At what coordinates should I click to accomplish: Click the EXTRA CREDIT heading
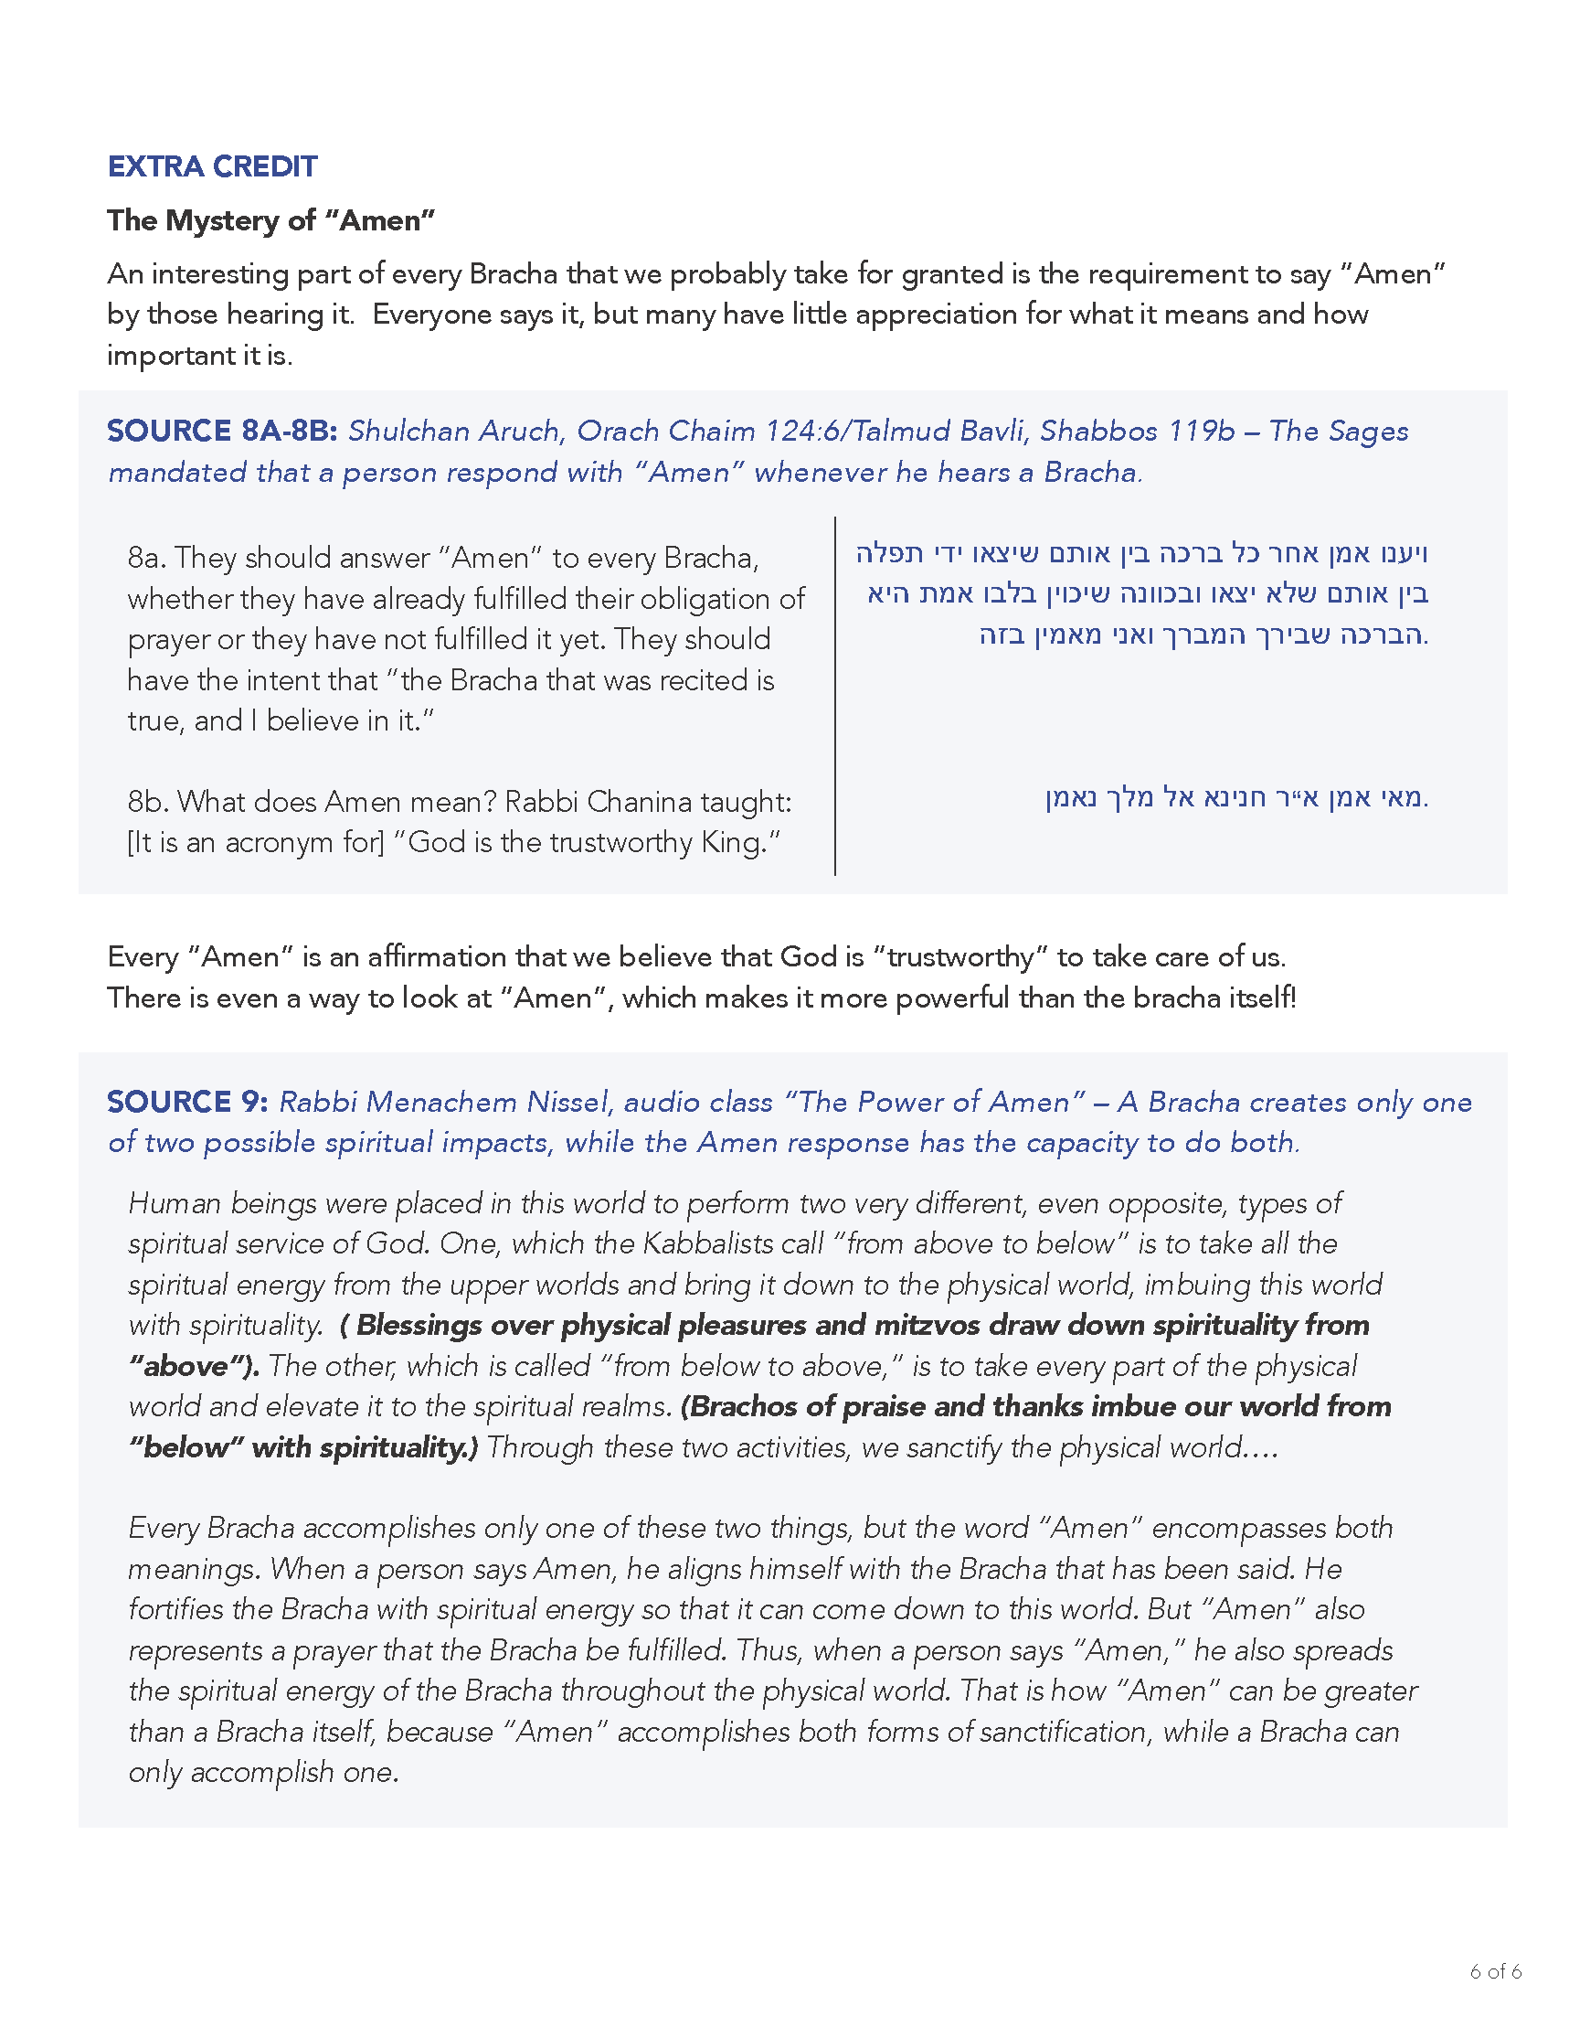click(213, 166)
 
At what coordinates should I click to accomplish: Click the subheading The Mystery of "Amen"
click(270, 220)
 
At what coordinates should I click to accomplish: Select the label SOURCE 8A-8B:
click(223, 431)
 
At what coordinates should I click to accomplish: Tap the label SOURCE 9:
click(187, 1102)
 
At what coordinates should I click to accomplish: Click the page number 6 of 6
click(1495, 1997)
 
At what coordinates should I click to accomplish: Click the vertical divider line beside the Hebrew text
click(835, 696)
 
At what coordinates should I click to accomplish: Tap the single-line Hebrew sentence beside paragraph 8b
click(1235, 797)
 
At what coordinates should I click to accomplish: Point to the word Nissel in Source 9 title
click(567, 1102)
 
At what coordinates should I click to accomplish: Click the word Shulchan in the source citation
click(408, 431)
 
